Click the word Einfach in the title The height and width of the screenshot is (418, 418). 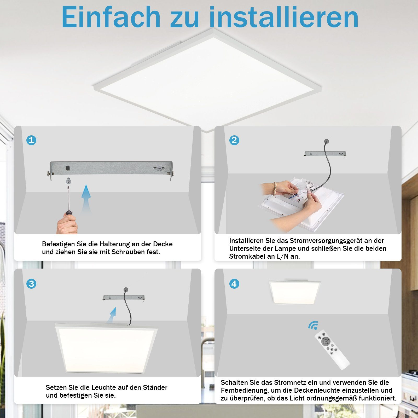(x=111, y=17)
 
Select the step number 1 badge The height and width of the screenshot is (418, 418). (x=31, y=140)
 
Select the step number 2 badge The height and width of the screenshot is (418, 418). (x=234, y=140)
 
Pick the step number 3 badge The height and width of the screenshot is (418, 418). (x=31, y=284)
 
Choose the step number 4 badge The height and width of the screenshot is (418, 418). (x=234, y=284)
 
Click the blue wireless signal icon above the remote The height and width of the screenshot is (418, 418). (x=313, y=326)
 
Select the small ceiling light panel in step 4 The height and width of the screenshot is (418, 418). (x=295, y=292)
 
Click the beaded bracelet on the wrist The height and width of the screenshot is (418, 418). (x=274, y=189)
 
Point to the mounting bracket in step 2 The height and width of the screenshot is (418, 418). (x=325, y=154)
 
